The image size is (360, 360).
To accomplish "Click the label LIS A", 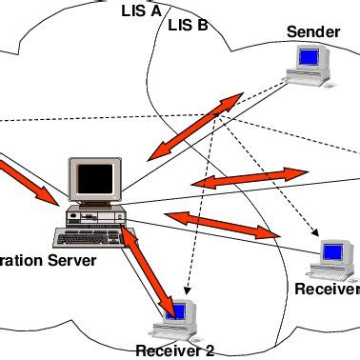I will click(x=141, y=11).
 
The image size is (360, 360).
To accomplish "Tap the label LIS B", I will click(x=188, y=25).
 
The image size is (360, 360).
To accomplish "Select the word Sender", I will click(x=312, y=32).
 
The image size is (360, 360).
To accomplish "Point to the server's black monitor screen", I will click(x=96, y=178).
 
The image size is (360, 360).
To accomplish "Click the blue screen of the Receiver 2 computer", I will click(x=174, y=310).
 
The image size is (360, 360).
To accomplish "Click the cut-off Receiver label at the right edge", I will click(x=327, y=289).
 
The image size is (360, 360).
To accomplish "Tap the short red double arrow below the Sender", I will click(x=250, y=178).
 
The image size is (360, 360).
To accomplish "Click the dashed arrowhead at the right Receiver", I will click(x=315, y=233).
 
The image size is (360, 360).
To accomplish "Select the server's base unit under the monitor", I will click(x=96, y=215).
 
